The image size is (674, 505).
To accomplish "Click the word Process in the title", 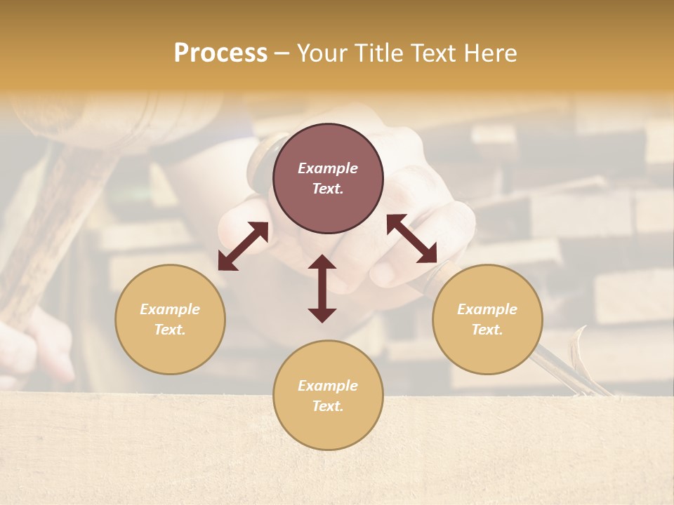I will pos(220,53).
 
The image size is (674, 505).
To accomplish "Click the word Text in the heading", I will pos(432,53).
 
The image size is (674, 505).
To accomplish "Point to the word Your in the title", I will pos(323,53).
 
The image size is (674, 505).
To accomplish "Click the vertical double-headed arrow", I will pos(322,288).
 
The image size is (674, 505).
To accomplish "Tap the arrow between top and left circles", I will pos(243,246).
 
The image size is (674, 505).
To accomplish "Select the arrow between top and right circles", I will pos(412,238).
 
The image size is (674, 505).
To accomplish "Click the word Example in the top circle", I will pos(328,168).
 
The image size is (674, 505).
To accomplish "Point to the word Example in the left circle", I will pos(170,309).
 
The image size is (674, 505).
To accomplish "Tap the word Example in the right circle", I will pos(487,309).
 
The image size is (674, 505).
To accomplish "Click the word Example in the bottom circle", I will pos(328,386).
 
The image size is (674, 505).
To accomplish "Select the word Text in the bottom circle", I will pos(328,406).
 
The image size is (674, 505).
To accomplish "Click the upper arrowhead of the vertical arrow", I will pos(322,263).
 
